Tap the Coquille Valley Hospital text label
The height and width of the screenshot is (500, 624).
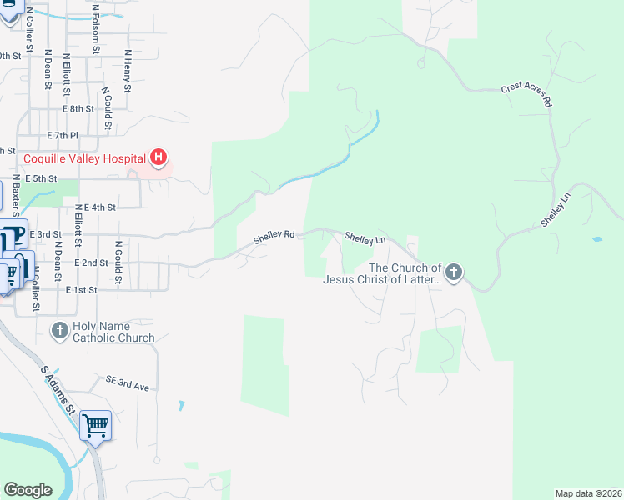(x=84, y=157)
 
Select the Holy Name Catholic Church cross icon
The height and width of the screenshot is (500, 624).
(x=59, y=331)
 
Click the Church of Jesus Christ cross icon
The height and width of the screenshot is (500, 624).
(x=453, y=272)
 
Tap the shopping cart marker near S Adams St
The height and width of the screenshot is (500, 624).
(x=95, y=426)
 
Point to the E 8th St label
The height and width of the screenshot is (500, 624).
(x=78, y=109)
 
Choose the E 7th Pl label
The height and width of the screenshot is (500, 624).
(x=63, y=135)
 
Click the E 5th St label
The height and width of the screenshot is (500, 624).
(x=41, y=178)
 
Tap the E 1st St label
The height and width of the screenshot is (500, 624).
(x=82, y=289)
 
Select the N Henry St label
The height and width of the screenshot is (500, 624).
(x=128, y=70)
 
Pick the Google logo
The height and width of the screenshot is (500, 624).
(x=28, y=490)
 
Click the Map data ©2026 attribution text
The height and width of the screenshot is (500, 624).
(x=588, y=493)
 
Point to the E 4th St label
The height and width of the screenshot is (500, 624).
(x=99, y=207)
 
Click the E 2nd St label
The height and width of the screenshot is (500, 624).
(x=92, y=262)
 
